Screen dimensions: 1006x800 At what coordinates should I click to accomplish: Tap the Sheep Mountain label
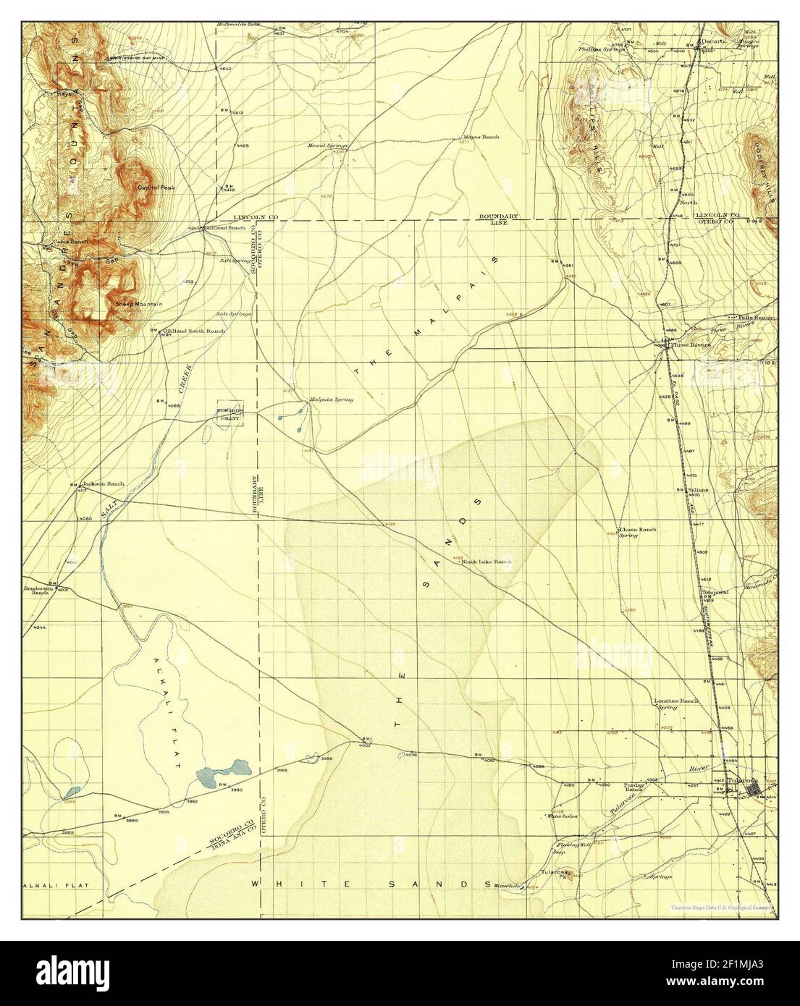coord(138,305)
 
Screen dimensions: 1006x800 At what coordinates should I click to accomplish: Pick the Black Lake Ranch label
coord(492,562)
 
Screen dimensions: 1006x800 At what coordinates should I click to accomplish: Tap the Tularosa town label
coord(741,781)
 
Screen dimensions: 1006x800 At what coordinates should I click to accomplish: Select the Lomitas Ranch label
coord(677,702)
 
